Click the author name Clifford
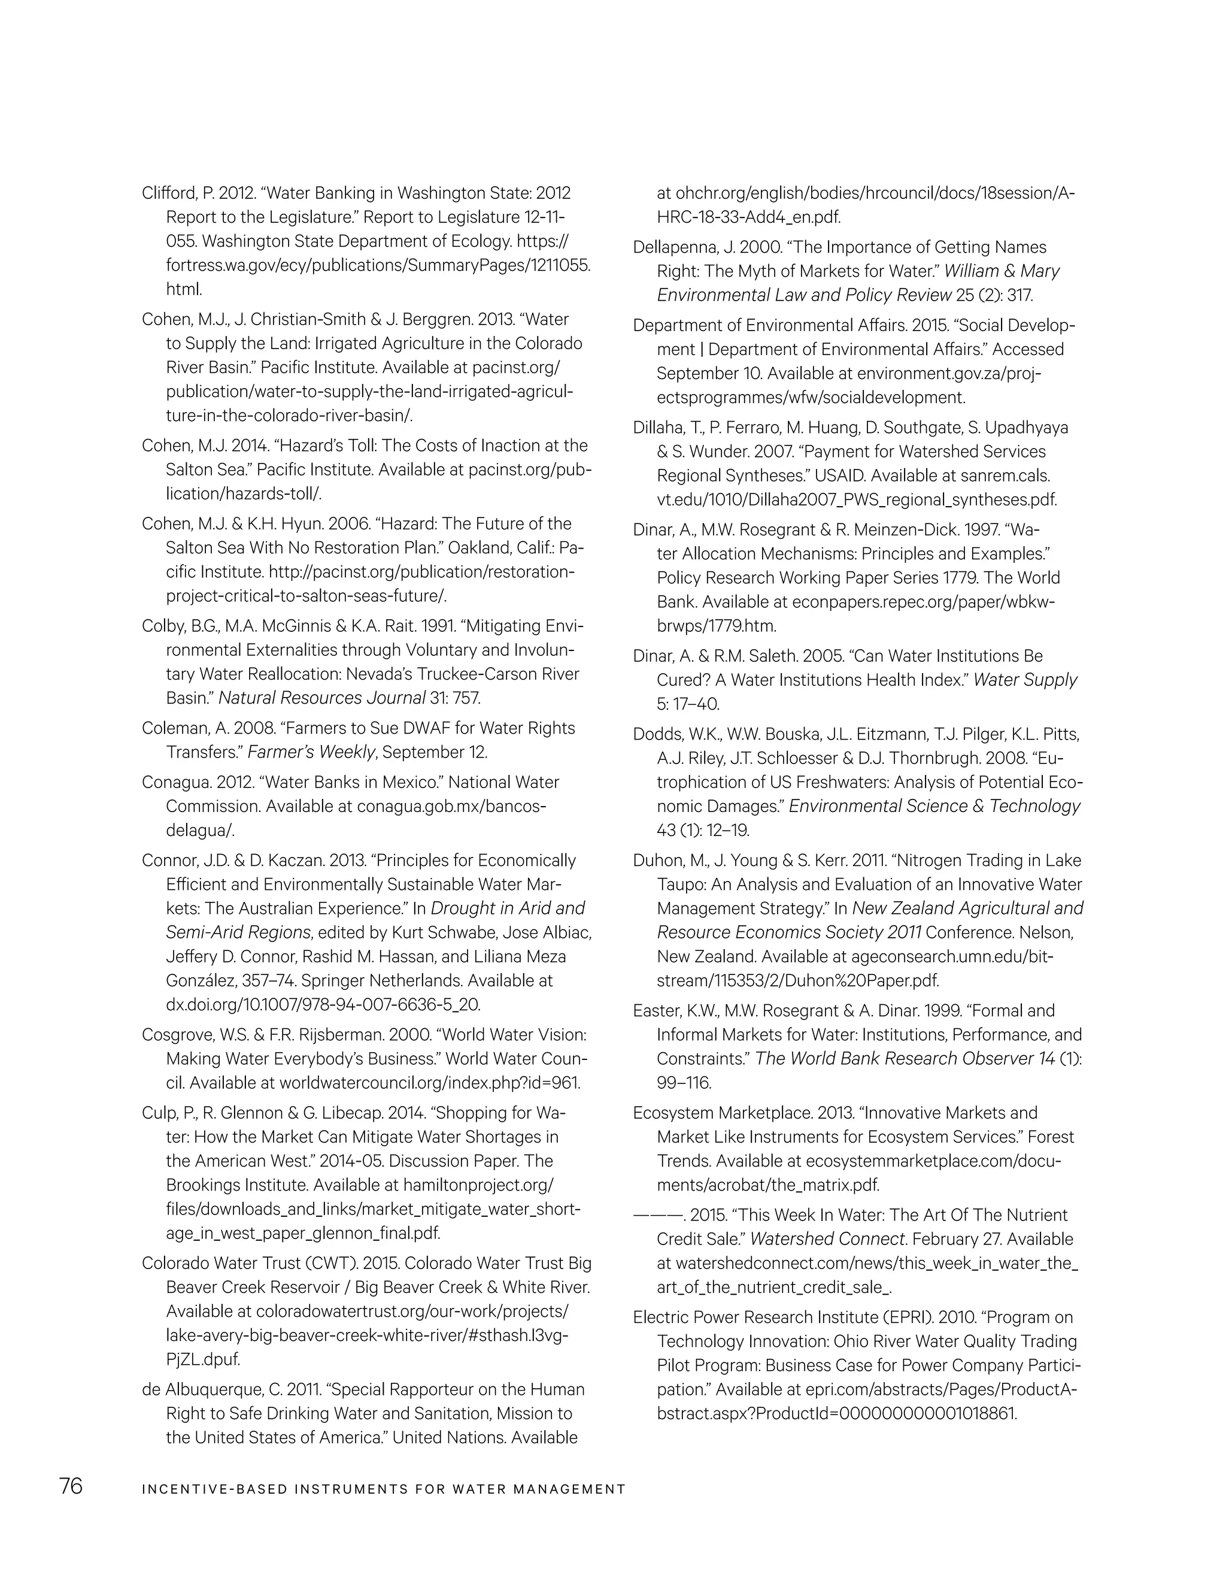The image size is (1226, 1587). [x=167, y=193]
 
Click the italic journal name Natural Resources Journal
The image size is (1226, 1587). [x=321, y=698]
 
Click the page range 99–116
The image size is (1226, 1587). [x=684, y=1083]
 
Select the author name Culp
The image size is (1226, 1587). [x=158, y=1113]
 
